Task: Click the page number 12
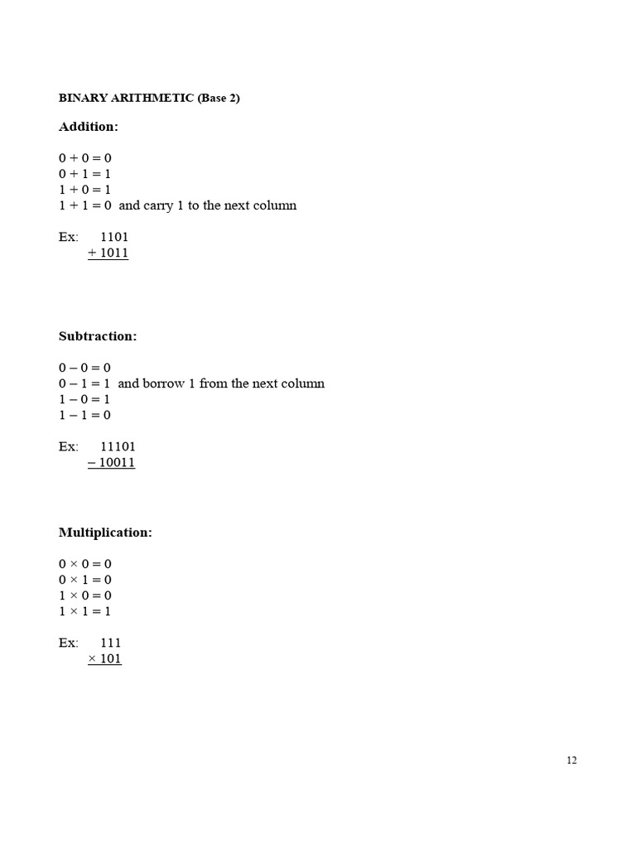click(x=571, y=761)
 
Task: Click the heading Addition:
click(x=89, y=127)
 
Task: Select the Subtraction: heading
click(x=98, y=336)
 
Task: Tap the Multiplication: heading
click(x=105, y=532)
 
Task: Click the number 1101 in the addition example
click(x=114, y=237)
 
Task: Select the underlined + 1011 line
click(x=108, y=253)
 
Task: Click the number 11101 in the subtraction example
click(x=118, y=446)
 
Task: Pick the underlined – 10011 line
click(x=111, y=462)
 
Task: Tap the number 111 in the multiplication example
click(x=111, y=643)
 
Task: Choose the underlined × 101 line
click(x=104, y=658)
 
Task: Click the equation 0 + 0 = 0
click(x=84, y=157)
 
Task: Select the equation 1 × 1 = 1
click(x=84, y=611)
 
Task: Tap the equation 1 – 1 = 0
click(x=84, y=415)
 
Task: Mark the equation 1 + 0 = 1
click(x=84, y=190)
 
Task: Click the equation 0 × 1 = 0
click(x=84, y=580)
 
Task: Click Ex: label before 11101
click(x=69, y=446)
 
